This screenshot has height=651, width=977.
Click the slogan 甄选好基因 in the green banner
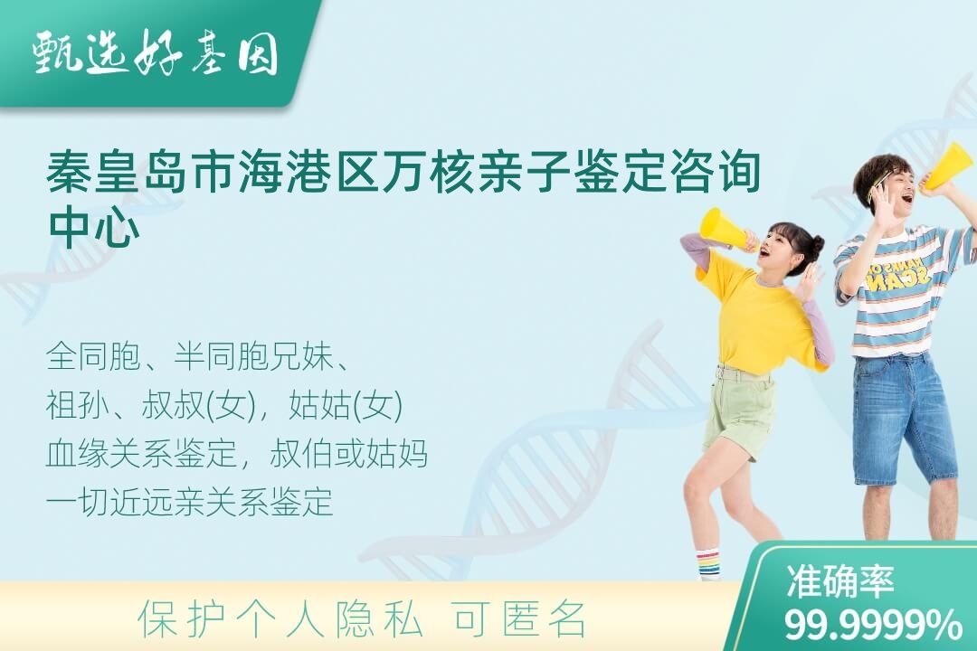click(x=156, y=53)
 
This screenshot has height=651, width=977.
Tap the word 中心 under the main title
click(x=94, y=229)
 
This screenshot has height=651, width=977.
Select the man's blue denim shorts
click(x=905, y=419)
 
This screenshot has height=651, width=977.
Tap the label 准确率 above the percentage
click(x=839, y=581)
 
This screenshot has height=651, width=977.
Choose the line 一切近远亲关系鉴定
click(x=189, y=502)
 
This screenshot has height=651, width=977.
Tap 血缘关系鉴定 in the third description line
click(x=142, y=453)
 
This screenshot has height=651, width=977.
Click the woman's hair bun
click(x=815, y=244)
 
